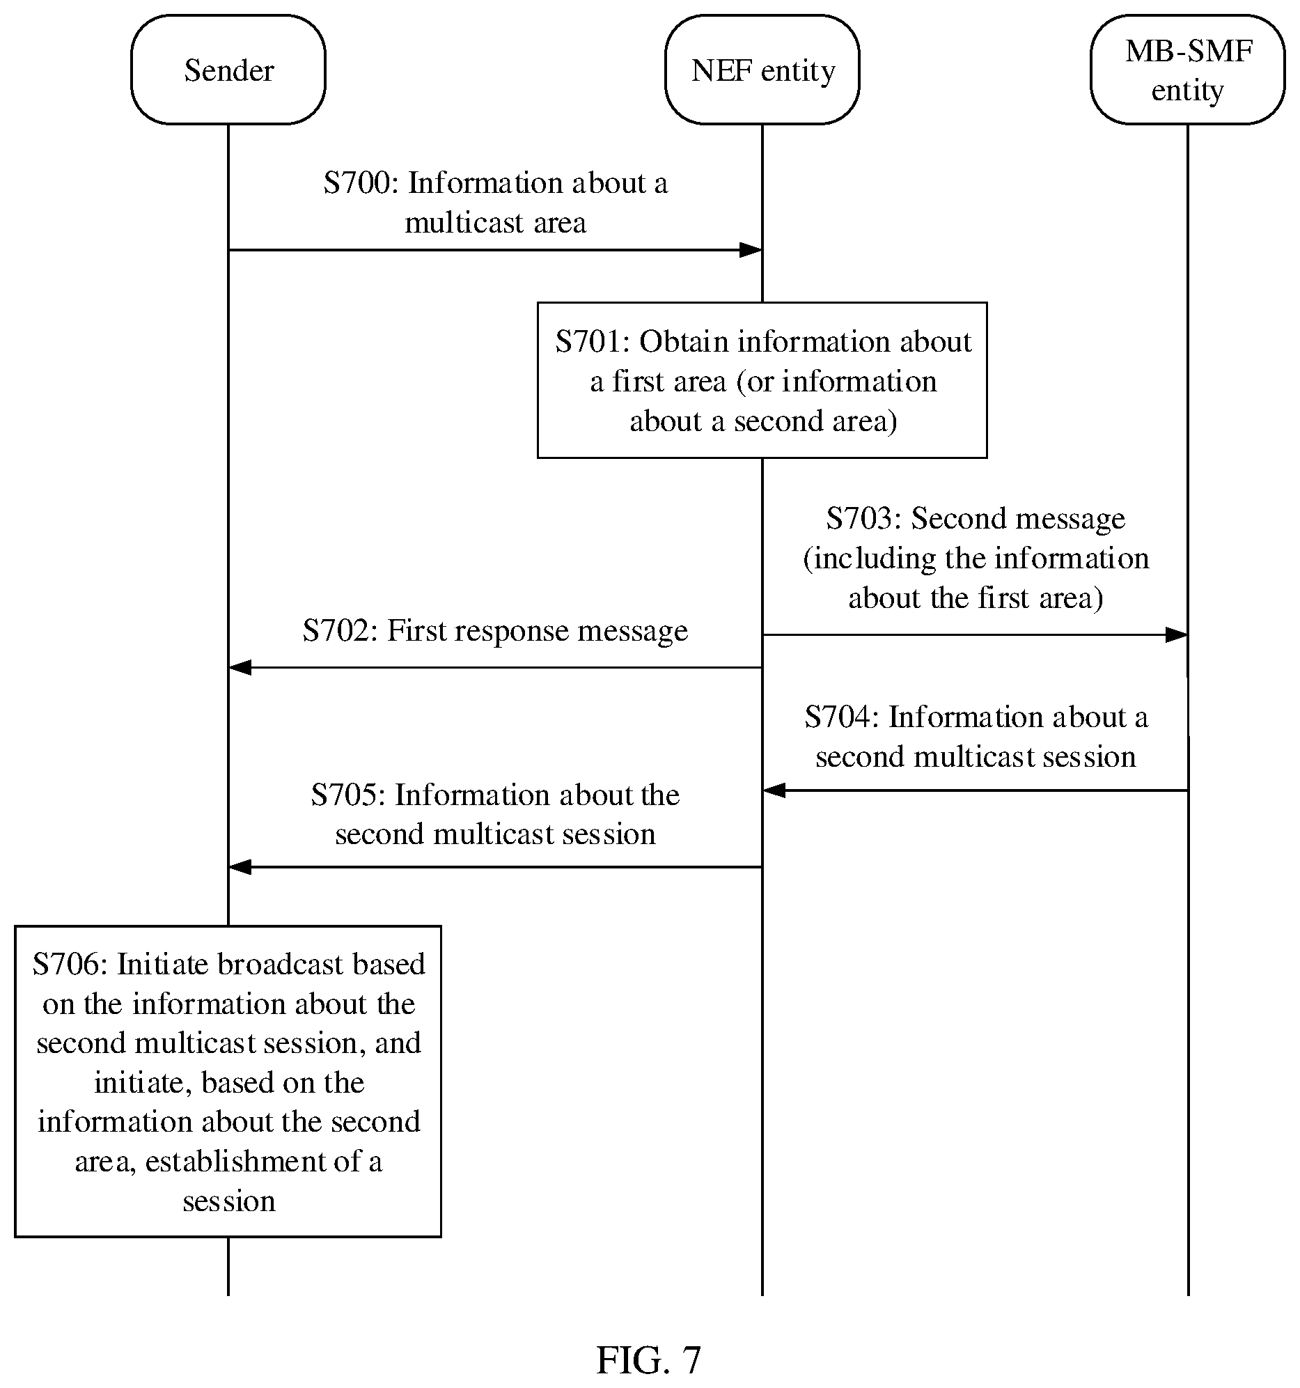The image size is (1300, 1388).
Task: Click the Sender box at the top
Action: point(228,70)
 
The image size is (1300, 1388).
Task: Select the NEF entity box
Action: point(762,70)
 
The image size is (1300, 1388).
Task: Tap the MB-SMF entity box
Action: point(1188,70)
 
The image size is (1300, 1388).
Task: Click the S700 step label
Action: point(360,183)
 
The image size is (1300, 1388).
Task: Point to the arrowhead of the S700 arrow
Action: point(752,250)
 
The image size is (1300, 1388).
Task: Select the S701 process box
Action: point(762,380)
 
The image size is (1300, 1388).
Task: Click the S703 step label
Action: point(863,519)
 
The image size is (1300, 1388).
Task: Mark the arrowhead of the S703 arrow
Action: point(1177,634)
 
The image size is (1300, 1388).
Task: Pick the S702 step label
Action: point(340,630)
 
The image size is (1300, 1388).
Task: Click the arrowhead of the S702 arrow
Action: point(240,667)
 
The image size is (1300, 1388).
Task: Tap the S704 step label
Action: point(842,717)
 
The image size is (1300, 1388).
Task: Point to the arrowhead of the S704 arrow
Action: point(774,790)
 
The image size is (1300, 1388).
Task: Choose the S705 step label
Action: point(348,795)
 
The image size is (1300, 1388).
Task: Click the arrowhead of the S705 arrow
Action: point(240,867)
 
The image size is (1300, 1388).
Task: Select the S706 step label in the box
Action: point(70,964)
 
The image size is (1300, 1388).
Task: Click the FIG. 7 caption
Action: point(648,1359)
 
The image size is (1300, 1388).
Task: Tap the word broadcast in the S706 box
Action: point(280,964)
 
